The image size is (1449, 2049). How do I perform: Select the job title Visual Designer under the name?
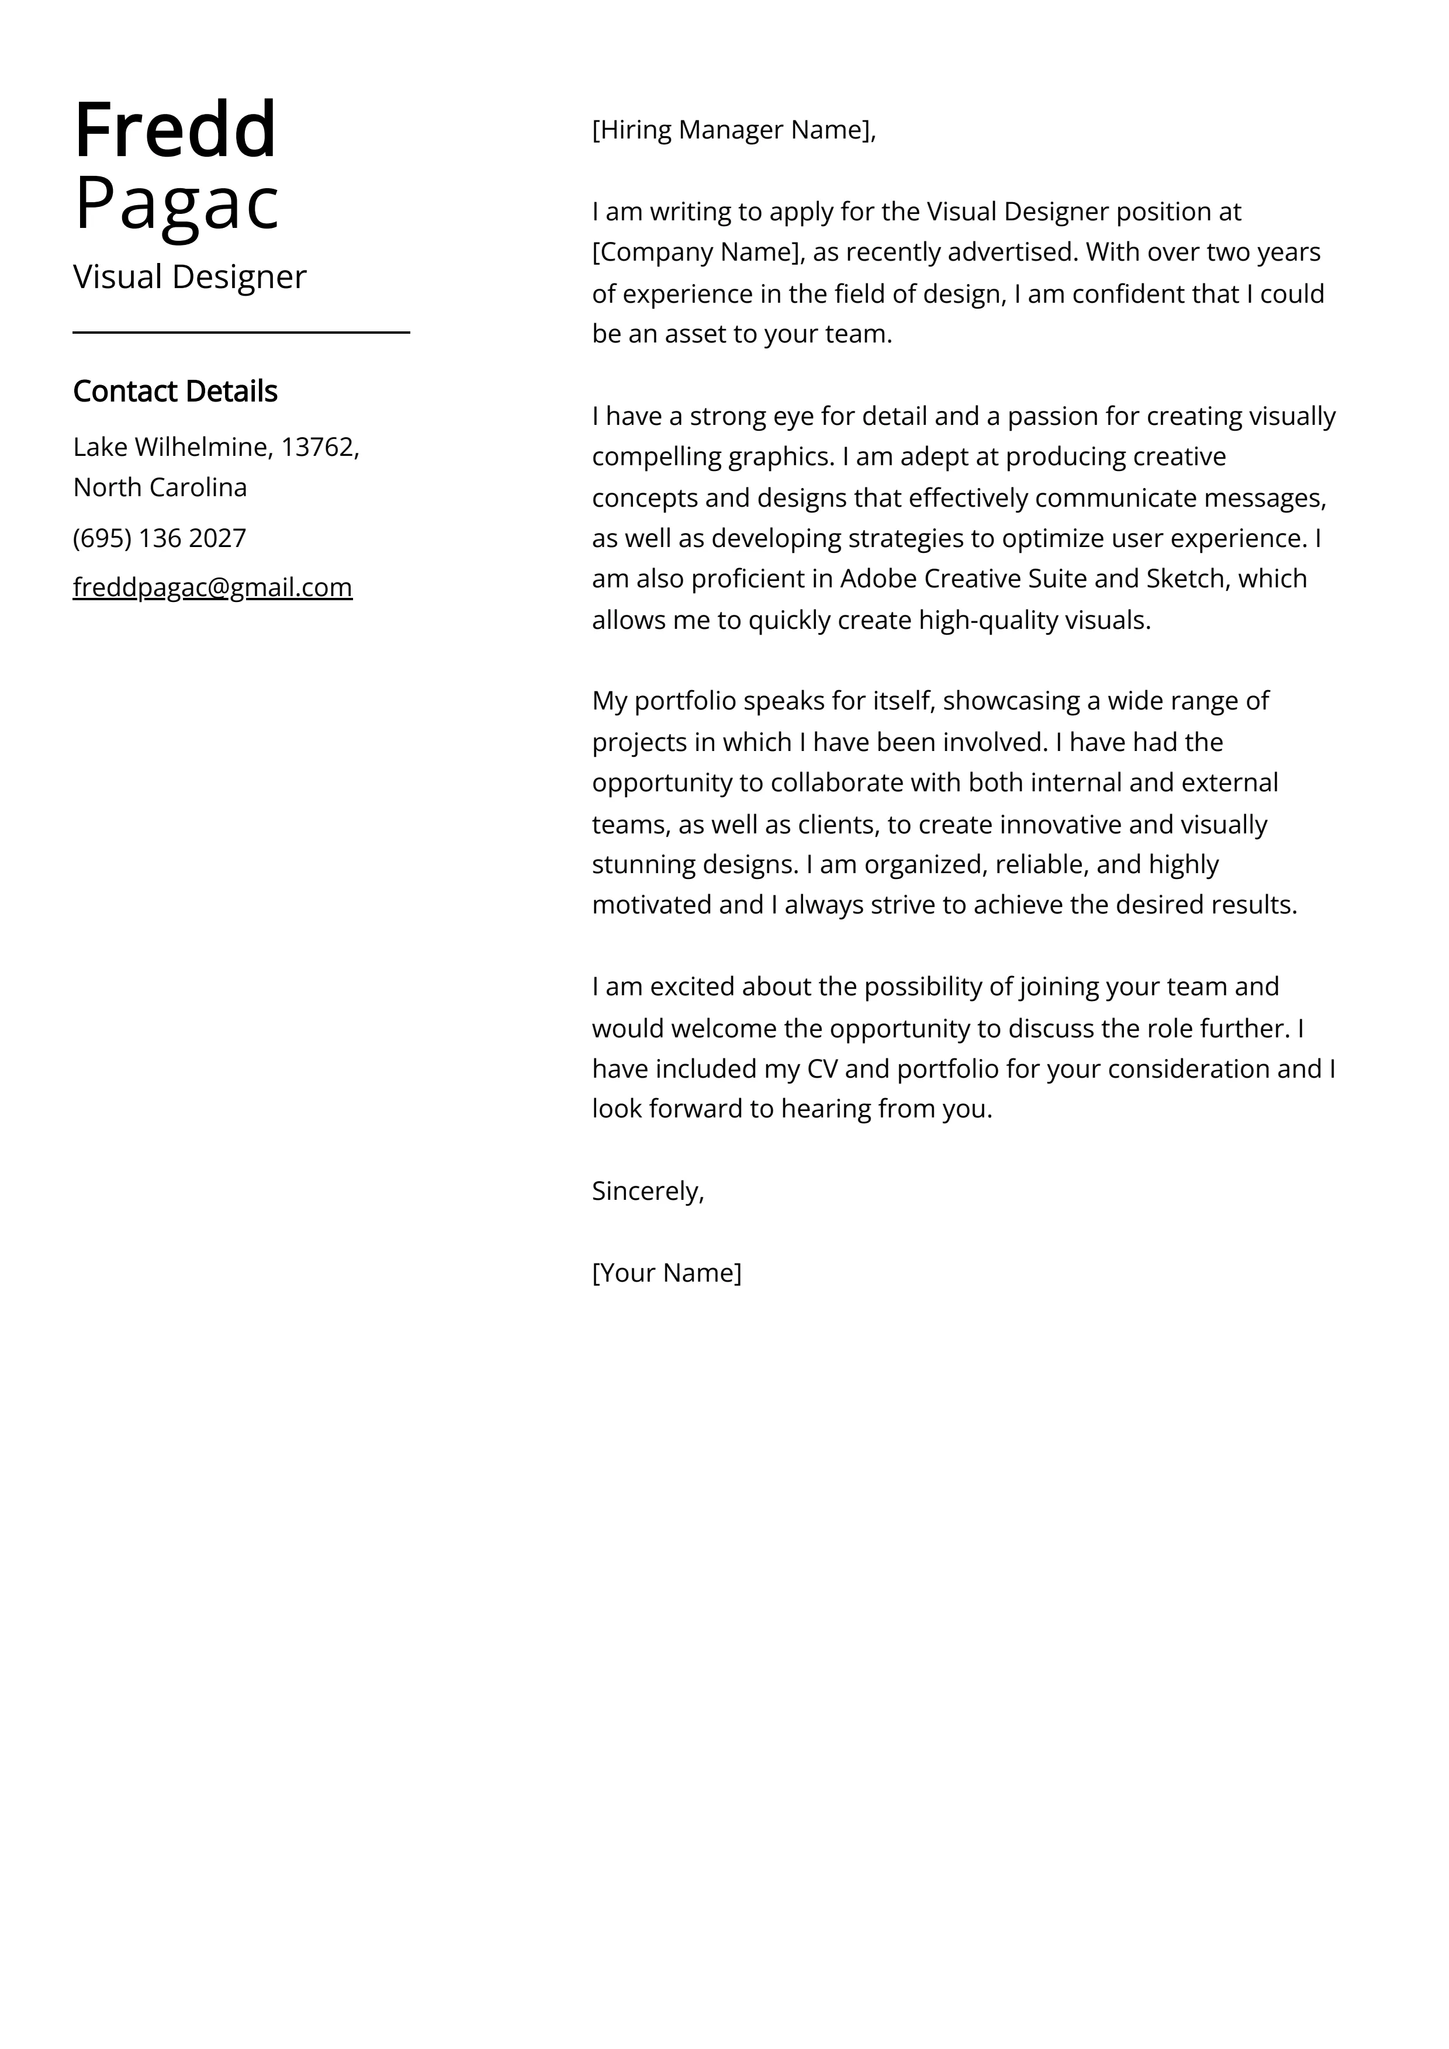click(x=189, y=276)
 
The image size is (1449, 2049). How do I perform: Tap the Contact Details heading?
click(x=175, y=391)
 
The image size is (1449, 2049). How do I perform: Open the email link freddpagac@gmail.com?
click(x=213, y=587)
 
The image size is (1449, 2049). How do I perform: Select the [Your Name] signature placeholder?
click(x=666, y=1273)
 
